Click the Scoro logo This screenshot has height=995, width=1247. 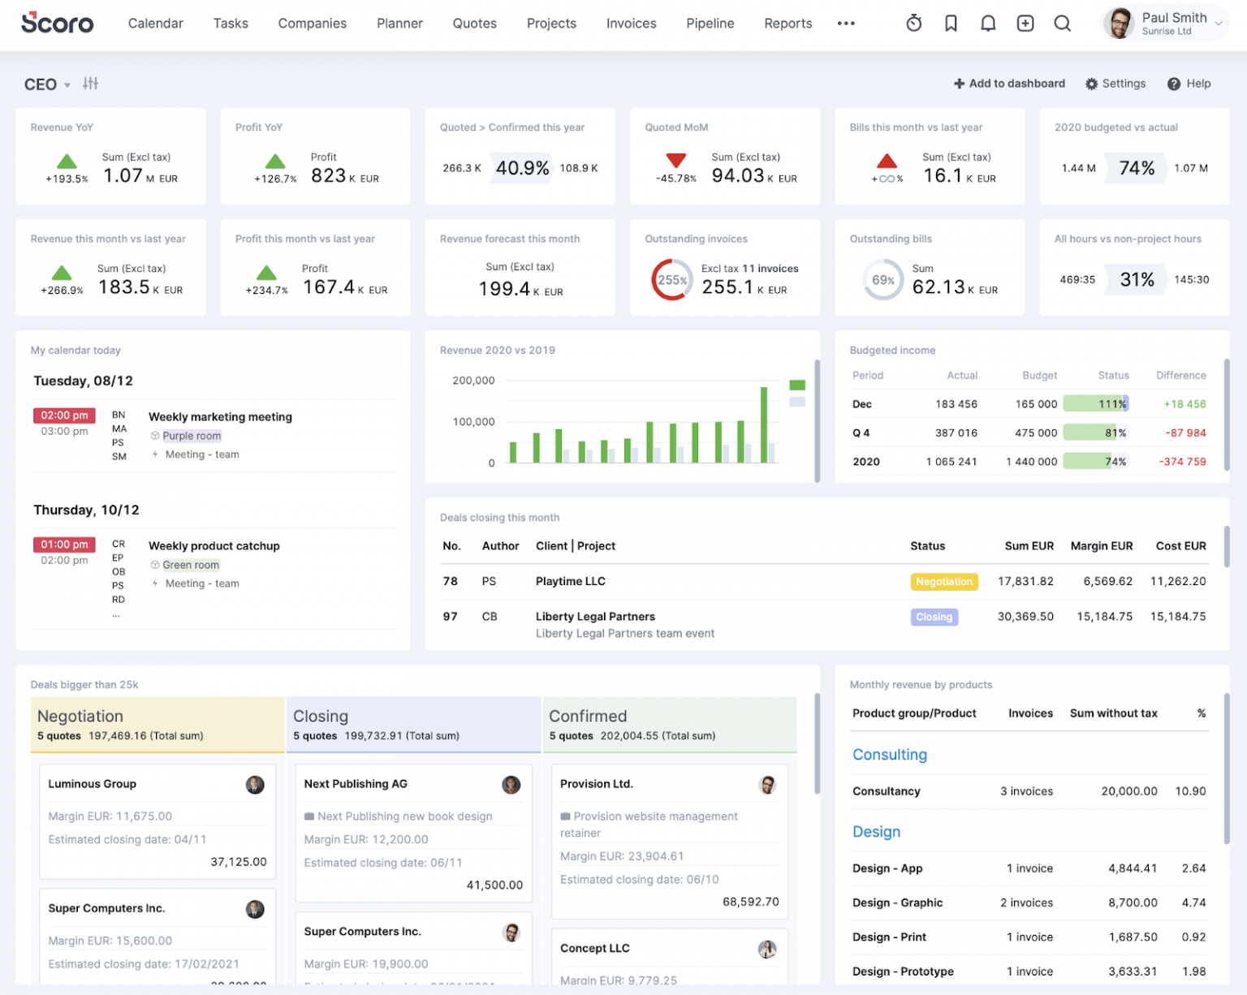click(x=57, y=23)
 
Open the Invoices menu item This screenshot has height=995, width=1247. click(x=631, y=24)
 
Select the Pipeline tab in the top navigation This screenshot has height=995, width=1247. click(x=710, y=24)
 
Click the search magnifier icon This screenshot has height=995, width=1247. click(x=1062, y=24)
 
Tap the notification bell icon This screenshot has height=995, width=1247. click(x=988, y=24)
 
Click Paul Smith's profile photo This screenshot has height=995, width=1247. click(x=1120, y=23)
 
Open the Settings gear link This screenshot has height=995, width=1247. click(x=1115, y=84)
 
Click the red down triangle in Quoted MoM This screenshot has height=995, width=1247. click(x=675, y=160)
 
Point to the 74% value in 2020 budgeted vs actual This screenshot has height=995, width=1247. click(x=1136, y=168)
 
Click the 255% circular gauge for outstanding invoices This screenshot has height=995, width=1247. click(x=671, y=280)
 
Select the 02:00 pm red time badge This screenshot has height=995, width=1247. click(x=64, y=416)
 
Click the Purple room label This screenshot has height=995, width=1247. click(x=192, y=436)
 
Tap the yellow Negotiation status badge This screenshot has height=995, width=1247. click(x=943, y=582)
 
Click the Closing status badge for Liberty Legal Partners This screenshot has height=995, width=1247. click(x=934, y=618)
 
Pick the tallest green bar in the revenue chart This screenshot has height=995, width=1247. click(x=764, y=424)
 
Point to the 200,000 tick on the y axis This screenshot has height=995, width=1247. click(x=473, y=381)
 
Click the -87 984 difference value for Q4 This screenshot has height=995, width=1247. click(x=1185, y=433)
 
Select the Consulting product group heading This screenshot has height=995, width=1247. click(x=889, y=755)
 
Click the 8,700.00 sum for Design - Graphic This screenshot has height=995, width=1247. click(x=1133, y=902)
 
